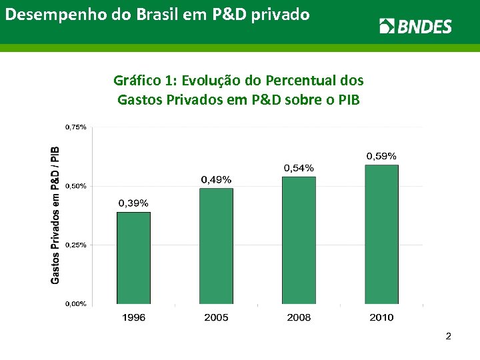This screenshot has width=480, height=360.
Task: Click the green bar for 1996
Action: tap(133, 258)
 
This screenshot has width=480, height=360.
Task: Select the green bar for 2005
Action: tap(216, 246)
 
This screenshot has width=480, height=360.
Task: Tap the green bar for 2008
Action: tap(299, 240)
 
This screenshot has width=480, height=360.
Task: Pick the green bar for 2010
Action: tap(381, 234)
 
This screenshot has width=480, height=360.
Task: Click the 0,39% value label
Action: tap(133, 203)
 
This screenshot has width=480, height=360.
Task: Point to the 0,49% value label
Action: tap(217, 179)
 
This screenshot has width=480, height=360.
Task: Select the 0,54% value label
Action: tap(299, 167)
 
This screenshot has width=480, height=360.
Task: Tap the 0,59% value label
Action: tap(381, 155)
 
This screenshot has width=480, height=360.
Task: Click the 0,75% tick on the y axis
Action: tap(75, 127)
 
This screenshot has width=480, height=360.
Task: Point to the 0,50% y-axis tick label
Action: tap(75, 186)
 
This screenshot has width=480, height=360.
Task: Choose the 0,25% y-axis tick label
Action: tap(75, 245)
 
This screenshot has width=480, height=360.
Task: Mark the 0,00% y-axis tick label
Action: tap(75, 304)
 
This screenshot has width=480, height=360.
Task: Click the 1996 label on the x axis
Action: tap(133, 317)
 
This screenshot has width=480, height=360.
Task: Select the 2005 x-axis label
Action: tap(216, 317)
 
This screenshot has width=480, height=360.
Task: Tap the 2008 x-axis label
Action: tap(299, 317)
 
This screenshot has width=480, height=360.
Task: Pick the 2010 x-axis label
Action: tap(381, 317)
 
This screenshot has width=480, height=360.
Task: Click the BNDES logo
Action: tap(415, 26)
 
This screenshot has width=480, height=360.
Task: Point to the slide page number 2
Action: tap(449, 337)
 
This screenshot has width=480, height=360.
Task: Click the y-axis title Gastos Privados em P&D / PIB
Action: tap(55, 215)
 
